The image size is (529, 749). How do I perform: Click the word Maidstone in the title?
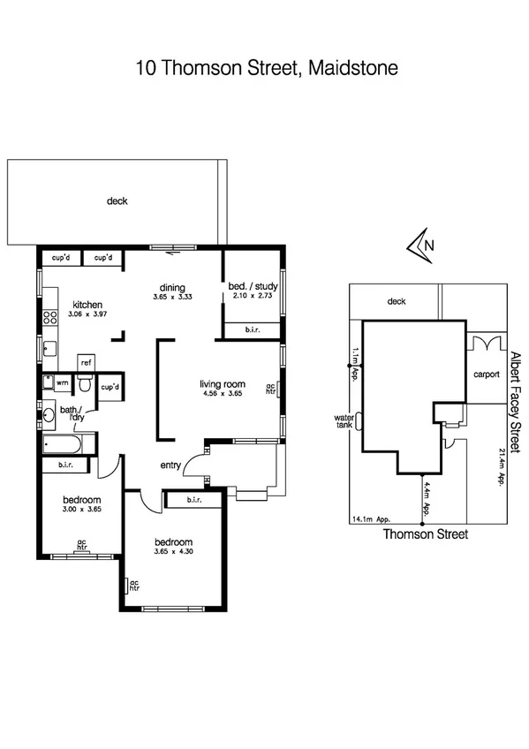click(350, 68)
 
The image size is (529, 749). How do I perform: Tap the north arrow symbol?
click(419, 246)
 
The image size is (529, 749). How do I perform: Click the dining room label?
click(171, 287)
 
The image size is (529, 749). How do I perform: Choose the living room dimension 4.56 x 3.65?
click(222, 395)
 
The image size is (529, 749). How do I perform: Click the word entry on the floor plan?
click(171, 465)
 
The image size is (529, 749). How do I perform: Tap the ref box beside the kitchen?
click(87, 362)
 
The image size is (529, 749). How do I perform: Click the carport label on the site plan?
click(486, 374)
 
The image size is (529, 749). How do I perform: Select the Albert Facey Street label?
click(516, 397)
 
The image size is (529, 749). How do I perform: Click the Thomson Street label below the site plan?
click(419, 535)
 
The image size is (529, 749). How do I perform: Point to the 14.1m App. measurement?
click(371, 520)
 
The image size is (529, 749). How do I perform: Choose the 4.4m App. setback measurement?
click(427, 496)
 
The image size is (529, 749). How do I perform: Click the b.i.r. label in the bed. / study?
click(252, 329)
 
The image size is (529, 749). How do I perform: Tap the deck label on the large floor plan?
click(117, 201)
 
